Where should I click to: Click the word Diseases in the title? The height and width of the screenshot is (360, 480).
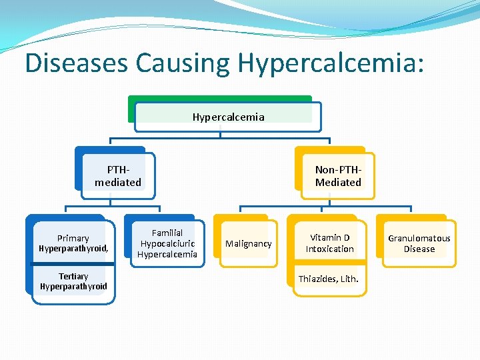click(77, 63)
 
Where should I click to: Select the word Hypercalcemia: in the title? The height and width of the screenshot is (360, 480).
click(331, 63)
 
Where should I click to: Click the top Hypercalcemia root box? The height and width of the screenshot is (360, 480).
click(228, 117)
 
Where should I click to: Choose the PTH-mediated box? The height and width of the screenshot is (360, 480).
click(118, 176)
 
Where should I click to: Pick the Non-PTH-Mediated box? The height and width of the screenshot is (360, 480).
click(338, 176)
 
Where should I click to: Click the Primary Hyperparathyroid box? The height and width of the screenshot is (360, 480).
click(73, 243)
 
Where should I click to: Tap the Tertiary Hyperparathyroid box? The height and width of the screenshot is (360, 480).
click(73, 281)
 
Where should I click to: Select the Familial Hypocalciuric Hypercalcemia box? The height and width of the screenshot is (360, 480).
click(167, 243)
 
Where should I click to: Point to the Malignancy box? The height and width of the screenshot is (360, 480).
click(248, 244)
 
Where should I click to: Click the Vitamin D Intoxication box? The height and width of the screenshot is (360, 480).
click(329, 243)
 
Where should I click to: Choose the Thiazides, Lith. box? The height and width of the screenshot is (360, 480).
click(328, 279)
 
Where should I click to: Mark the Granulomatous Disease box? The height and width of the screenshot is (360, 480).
click(419, 243)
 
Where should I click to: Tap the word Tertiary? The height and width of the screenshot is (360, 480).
click(73, 276)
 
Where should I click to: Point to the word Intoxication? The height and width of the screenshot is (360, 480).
click(329, 249)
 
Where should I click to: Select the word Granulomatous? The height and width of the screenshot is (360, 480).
click(419, 238)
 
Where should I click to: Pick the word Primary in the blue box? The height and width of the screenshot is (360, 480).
click(73, 238)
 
